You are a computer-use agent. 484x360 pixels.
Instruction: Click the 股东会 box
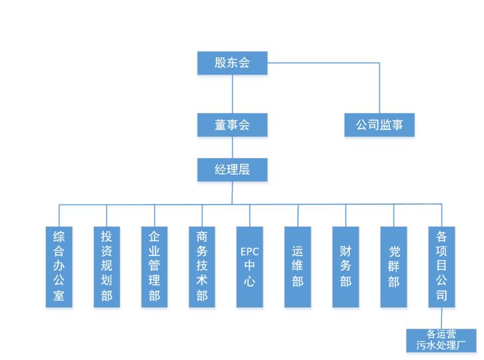[x=232, y=63]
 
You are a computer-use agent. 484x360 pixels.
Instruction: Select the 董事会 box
[x=232, y=125]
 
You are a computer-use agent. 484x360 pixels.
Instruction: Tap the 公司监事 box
[x=379, y=125]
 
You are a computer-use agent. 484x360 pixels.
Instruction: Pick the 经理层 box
[x=232, y=169]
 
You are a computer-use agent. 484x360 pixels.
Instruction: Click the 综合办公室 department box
[x=59, y=267]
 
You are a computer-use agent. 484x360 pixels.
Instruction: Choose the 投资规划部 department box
[x=107, y=267]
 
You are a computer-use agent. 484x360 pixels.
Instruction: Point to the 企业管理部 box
[x=155, y=267]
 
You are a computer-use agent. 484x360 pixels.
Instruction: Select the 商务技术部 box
[x=202, y=267]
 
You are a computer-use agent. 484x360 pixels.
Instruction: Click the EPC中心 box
[x=250, y=267]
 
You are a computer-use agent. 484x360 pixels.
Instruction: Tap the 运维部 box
[x=297, y=267]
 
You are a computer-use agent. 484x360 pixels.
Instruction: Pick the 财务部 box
[x=345, y=267]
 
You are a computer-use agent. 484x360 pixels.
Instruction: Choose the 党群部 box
[x=393, y=267]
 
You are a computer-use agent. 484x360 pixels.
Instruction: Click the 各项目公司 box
[x=441, y=267]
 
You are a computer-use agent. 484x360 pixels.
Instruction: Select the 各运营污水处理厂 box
[x=441, y=340]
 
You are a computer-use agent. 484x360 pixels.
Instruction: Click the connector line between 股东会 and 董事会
[x=232, y=93]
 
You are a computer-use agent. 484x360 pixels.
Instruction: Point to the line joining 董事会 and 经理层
[x=232, y=147]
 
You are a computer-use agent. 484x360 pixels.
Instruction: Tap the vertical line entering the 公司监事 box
[x=379, y=90]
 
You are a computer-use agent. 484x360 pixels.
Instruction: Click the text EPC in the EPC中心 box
[x=250, y=252]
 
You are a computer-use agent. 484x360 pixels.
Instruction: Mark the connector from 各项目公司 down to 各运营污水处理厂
[x=441, y=318]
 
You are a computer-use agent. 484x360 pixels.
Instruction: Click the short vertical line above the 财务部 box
[x=345, y=215]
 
